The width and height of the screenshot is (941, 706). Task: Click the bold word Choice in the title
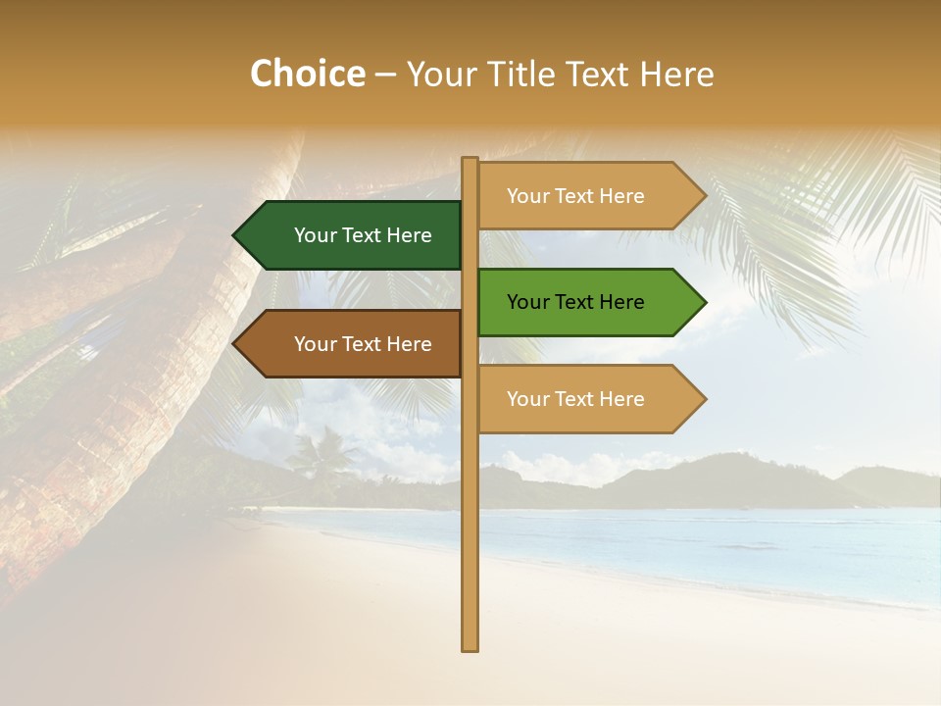307,75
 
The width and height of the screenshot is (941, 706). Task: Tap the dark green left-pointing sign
353,235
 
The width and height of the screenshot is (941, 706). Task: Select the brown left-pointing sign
353,344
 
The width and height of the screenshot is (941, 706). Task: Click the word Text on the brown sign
362,344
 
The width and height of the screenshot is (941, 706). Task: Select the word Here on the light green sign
621,302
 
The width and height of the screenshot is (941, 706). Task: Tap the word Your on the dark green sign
314,235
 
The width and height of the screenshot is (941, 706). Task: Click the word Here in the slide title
677,75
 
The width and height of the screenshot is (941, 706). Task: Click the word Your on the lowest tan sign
526,399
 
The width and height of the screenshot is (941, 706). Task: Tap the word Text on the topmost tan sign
574,196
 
